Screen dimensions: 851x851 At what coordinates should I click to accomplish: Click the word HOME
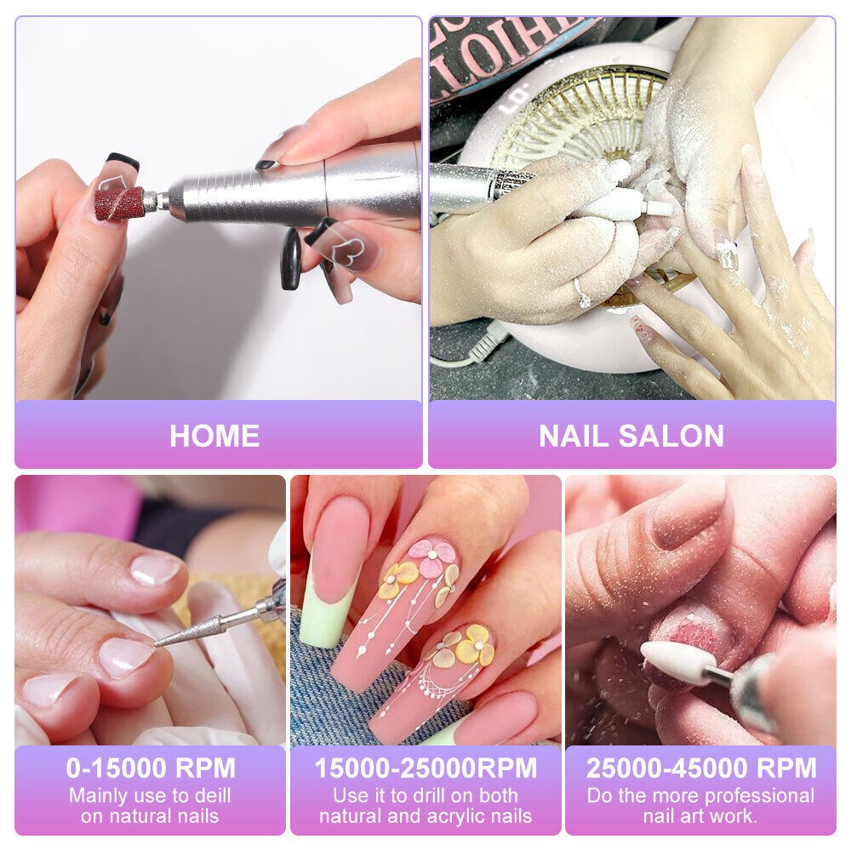pyautogui.click(x=214, y=436)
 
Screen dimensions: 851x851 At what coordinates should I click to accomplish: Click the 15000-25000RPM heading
pyautogui.click(x=425, y=768)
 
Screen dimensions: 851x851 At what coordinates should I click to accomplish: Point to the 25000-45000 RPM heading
pyautogui.click(x=701, y=768)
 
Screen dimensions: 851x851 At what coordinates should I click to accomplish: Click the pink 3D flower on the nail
pyautogui.click(x=431, y=557)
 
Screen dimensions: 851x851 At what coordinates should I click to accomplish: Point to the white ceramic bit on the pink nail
pyautogui.click(x=677, y=661)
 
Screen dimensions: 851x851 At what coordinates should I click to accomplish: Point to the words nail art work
pyautogui.click(x=701, y=817)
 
